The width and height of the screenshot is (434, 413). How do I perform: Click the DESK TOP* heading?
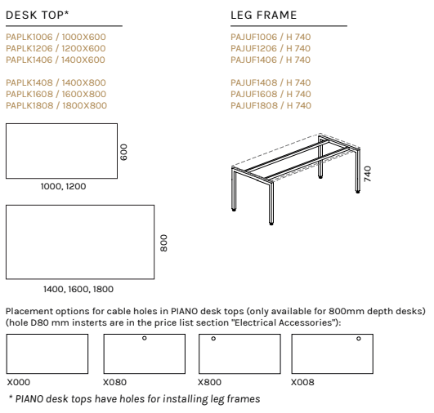[x=37, y=15]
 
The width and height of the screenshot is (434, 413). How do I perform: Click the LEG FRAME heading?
[x=264, y=15]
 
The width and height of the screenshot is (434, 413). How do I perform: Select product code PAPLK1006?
[x=29, y=37]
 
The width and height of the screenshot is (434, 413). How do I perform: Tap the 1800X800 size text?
[x=84, y=105]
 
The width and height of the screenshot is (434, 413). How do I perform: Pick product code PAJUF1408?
[x=254, y=82]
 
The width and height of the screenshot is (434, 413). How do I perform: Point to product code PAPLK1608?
[x=29, y=94]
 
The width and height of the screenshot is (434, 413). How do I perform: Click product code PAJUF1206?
[x=253, y=48]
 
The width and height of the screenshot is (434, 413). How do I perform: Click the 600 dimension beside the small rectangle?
[x=123, y=152]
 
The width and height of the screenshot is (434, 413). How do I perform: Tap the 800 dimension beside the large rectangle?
[x=163, y=243]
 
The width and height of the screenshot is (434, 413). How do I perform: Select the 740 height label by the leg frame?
[x=367, y=174]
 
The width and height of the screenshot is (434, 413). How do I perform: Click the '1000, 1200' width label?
[x=63, y=186]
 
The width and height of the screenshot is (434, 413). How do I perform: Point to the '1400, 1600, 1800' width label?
[x=78, y=289]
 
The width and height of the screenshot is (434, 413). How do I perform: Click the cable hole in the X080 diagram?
[x=144, y=338]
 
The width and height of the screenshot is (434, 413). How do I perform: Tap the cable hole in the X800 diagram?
[x=213, y=339]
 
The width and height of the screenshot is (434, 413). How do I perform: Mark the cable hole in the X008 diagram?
[x=359, y=339]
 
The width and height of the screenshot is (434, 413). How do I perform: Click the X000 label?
[x=19, y=382]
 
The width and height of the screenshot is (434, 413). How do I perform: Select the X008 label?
[x=302, y=382]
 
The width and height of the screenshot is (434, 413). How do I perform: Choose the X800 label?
[x=209, y=382]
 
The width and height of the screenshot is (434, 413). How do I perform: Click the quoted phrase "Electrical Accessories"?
[x=284, y=322]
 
